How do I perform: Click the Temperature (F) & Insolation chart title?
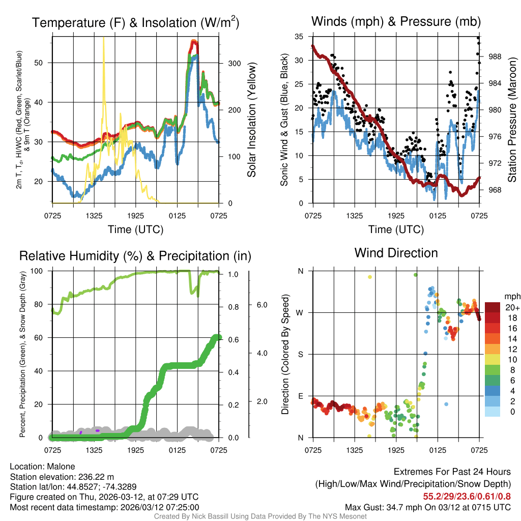pos(135,23)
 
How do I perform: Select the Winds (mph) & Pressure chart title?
pos(396,21)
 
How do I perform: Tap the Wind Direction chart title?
pos(396,253)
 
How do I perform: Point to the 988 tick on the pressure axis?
pos(495,57)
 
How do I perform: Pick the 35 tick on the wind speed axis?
pos(299,37)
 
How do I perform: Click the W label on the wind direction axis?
pos(301,312)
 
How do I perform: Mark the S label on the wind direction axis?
pos(301,354)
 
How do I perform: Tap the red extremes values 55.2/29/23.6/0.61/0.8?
pos(467,497)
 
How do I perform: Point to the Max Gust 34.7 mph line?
pos(427,507)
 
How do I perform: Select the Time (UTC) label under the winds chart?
pos(396,229)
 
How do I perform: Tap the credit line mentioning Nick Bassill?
pos(260,516)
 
